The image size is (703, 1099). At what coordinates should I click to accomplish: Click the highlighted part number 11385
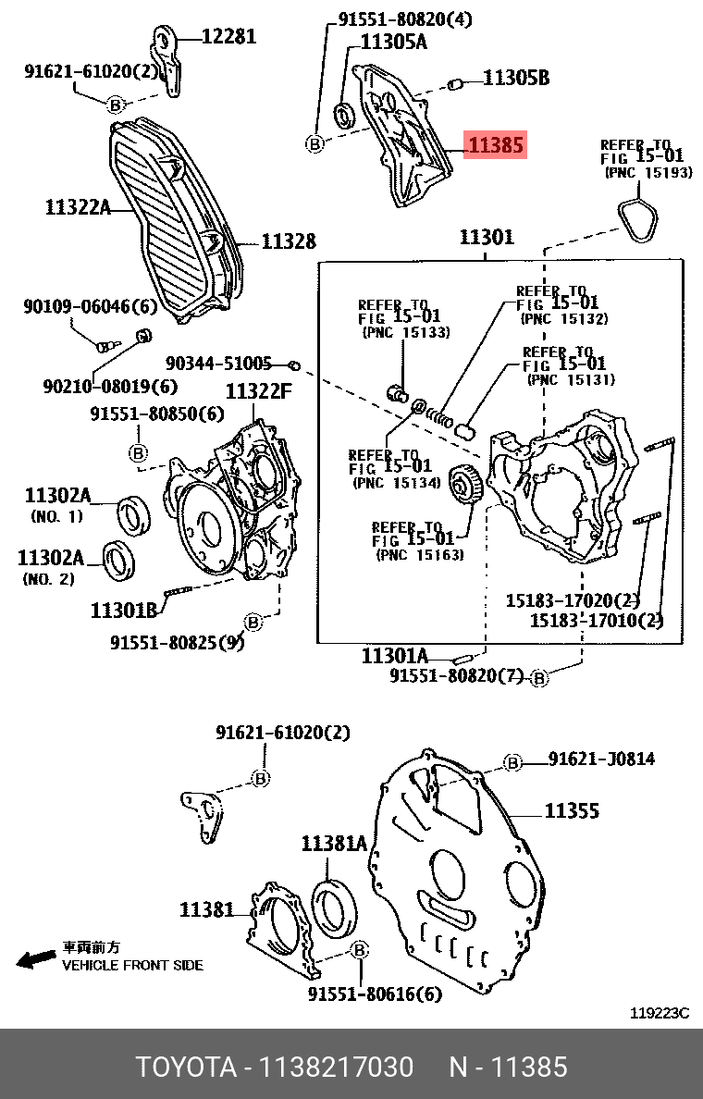tap(496, 145)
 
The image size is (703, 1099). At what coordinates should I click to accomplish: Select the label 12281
tap(228, 37)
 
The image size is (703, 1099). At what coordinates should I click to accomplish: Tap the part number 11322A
tap(77, 208)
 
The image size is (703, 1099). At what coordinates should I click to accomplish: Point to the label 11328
tap(288, 241)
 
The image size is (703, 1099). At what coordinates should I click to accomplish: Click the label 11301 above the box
tap(487, 238)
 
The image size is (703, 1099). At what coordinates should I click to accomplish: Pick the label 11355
tap(572, 811)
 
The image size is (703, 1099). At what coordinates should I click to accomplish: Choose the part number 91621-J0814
tap(601, 759)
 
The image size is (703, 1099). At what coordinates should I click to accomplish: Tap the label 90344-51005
tap(219, 364)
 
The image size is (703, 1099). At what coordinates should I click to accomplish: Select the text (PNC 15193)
tap(647, 173)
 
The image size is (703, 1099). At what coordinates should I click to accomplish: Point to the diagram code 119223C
tap(660, 1013)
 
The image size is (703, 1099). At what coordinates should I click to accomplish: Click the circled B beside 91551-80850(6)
tap(138, 452)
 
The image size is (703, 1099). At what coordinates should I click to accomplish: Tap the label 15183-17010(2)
tap(596, 620)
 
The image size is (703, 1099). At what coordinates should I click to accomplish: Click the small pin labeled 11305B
tap(454, 86)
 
